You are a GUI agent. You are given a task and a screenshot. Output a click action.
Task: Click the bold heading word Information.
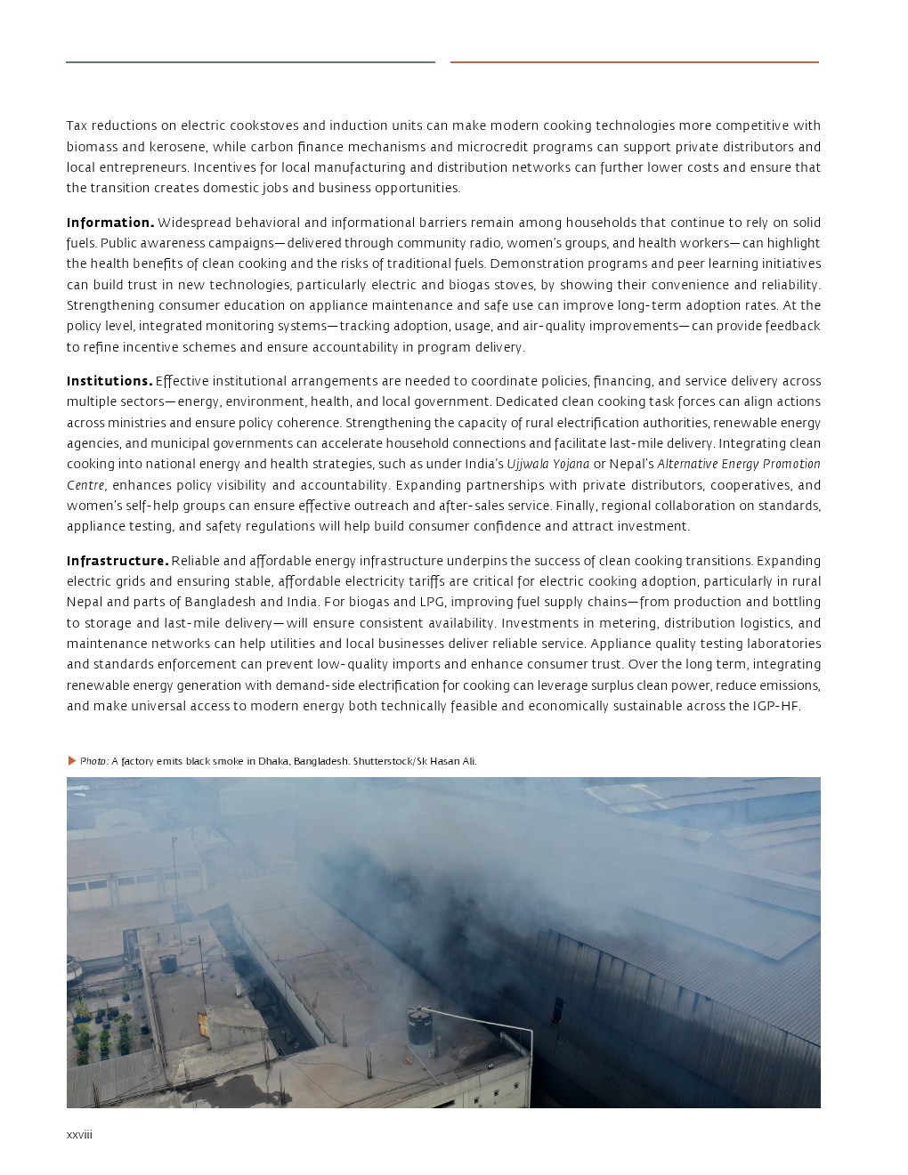pyautogui.click(x=110, y=223)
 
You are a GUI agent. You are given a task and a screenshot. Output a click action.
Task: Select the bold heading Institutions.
pyautogui.click(x=109, y=381)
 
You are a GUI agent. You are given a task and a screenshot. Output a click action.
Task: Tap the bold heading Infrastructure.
pyautogui.click(x=118, y=561)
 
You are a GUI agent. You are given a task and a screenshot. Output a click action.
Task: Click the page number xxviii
pyautogui.click(x=79, y=1135)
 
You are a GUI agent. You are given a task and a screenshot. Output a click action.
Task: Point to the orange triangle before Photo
pyautogui.click(x=72, y=761)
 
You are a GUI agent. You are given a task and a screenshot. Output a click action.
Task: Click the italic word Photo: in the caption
pyautogui.click(x=94, y=761)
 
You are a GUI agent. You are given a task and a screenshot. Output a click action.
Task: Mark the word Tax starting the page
pyautogui.click(x=77, y=126)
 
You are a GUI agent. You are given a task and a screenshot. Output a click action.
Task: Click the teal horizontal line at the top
pyautogui.click(x=250, y=62)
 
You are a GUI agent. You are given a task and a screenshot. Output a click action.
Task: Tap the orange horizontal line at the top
pyautogui.click(x=634, y=62)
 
